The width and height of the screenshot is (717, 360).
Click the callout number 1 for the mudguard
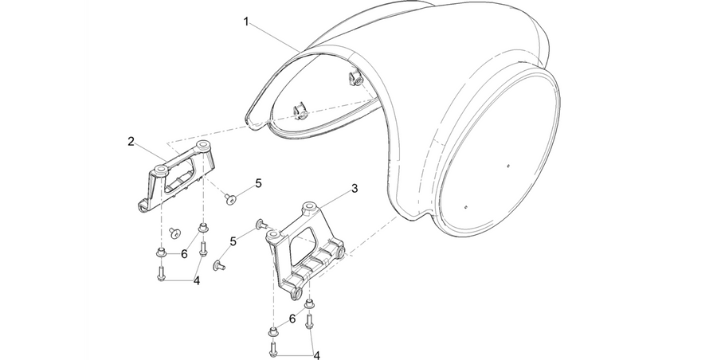(246, 22)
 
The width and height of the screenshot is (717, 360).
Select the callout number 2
(131, 142)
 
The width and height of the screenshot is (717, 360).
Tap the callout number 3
(355, 188)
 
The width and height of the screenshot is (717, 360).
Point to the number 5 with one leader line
(258, 183)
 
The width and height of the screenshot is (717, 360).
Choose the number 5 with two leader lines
(233, 241)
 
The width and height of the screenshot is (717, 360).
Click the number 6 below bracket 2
(184, 254)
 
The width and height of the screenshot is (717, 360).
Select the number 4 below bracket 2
(197, 281)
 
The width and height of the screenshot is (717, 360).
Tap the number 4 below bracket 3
(316, 355)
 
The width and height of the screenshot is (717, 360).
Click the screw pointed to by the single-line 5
(230, 198)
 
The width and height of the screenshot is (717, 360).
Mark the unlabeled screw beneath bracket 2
(175, 233)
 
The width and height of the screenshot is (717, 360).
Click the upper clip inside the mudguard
(355, 79)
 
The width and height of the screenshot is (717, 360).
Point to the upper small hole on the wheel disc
(508, 166)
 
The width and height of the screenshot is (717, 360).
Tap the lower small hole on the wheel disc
(465, 206)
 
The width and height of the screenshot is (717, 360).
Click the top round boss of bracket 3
(311, 206)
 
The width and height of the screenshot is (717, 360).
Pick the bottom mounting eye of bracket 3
(297, 294)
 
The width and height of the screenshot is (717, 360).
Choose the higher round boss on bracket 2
(202, 147)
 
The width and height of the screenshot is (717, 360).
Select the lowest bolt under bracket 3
(272, 349)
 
